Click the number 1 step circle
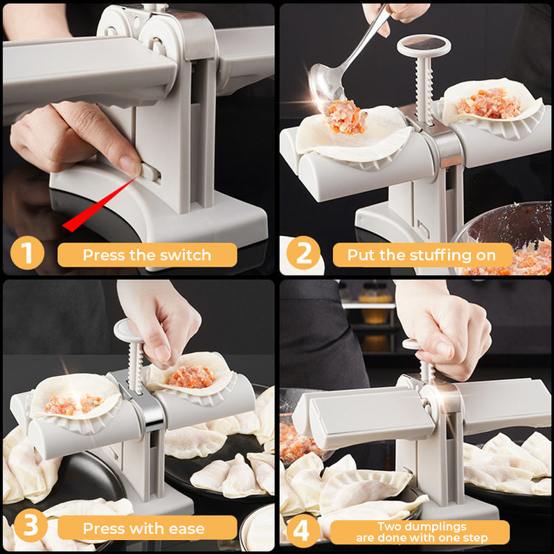coord(26,254)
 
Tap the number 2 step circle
coord(303,254)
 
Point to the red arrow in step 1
coord(97,204)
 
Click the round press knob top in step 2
coord(423,46)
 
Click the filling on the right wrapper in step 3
coord(192,376)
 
